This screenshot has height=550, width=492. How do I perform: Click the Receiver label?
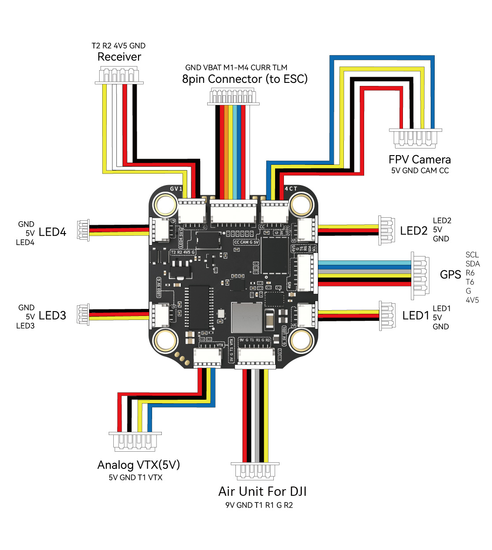tap(119, 57)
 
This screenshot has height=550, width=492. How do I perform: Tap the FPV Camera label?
tap(419, 160)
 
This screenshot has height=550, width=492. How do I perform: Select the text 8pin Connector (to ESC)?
tap(245, 79)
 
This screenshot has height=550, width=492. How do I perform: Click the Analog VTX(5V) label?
tap(138, 465)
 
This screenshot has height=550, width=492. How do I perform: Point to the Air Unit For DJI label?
tap(262, 491)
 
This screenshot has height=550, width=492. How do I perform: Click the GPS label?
tap(450, 275)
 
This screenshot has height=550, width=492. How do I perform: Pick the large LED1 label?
tap(415, 316)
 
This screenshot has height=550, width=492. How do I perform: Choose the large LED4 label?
tap(52, 232)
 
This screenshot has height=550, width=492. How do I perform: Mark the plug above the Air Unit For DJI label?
tap(255, 471)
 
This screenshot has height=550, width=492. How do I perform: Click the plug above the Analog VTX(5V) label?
tap(135, 441)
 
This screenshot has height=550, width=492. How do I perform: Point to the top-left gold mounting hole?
tap(165, 204)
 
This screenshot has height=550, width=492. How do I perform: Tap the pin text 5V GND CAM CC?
tap(420, 171)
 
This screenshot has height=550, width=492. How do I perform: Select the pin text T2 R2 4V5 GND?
tap(118, 46)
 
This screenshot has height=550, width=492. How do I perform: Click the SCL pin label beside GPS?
tap(472, 255)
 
